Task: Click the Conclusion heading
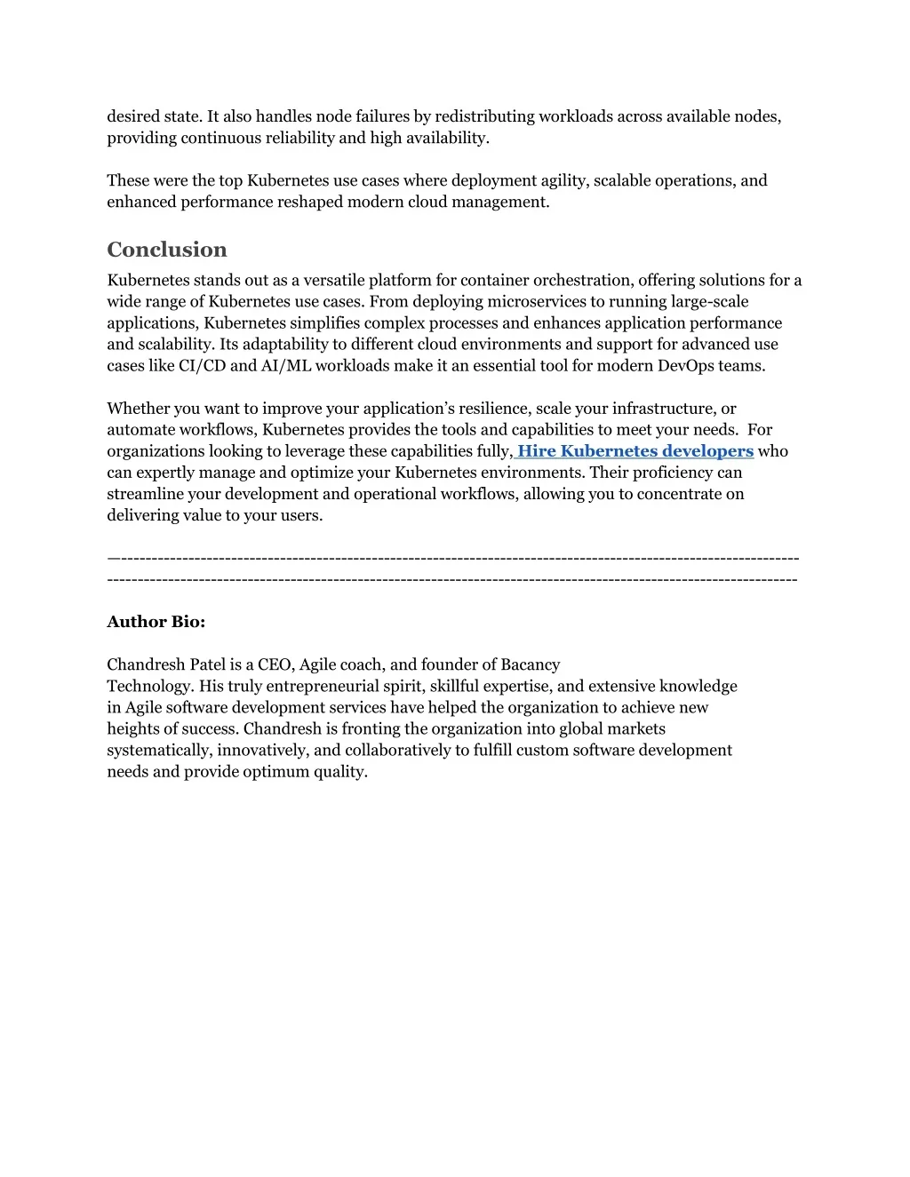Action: (x=167, y=250)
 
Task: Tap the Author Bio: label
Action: (x=156, y=622)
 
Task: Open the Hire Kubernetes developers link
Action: (x=635, y=451)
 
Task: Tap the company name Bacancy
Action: (x=531, y=664)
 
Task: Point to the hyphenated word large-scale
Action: (x=710, y=302)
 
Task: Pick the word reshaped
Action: (x=309, y=202)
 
